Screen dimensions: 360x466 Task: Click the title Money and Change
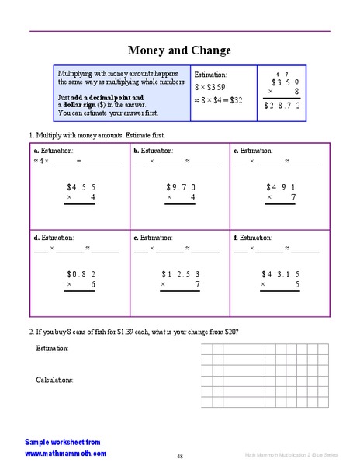point(179,50)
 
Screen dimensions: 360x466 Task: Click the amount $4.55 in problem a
point(81,186)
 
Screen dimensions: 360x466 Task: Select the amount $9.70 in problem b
point(181,186)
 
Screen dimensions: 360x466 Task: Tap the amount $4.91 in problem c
point(281,186)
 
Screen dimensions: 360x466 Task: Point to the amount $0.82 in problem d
point(81,273)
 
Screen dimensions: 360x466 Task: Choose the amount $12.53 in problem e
point(181,273)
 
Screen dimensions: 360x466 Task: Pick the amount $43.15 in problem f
point(281,273)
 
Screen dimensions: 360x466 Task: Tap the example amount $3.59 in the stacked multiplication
point(285,82)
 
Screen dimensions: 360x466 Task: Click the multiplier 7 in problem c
point(293,197)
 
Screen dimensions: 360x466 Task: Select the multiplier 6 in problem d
point(93,284)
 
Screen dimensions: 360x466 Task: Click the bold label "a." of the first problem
point(36,150)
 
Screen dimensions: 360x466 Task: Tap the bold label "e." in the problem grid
point(137,237)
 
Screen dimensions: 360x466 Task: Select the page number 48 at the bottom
point(180,456)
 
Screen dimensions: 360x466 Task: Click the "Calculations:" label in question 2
point(55,380)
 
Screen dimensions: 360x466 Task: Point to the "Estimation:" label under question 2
point(53,349)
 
